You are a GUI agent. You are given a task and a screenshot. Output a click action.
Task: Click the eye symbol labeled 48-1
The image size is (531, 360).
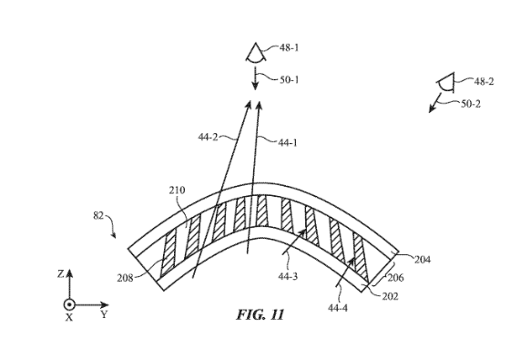point(256,53)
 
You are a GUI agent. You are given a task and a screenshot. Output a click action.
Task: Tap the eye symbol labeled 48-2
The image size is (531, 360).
point(446,82)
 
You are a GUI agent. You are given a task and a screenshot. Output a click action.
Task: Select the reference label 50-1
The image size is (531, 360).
point(290,80)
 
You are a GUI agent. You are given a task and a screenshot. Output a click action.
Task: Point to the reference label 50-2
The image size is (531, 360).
point(471,103)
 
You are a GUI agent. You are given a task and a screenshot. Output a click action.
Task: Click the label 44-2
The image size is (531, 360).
point(208,137)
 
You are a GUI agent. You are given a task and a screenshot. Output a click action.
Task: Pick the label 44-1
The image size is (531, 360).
point(288,143)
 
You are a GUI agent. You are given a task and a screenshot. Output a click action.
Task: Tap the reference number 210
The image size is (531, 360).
point(177,190)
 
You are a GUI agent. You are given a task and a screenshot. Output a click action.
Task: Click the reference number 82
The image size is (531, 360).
point(98,215)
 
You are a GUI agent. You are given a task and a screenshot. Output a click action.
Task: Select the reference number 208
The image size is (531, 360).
point(126,278)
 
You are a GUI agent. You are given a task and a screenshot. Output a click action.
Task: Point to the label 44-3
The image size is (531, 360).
point(288,276)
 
